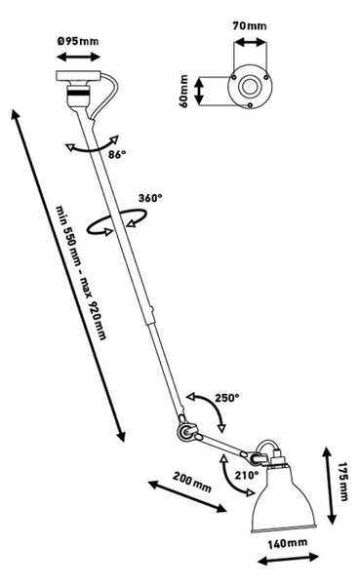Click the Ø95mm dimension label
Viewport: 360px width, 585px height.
[78, 41]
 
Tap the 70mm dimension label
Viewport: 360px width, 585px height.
[250, 25]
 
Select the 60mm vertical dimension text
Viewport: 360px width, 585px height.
[184, 91]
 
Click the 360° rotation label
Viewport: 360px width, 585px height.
[150, 198]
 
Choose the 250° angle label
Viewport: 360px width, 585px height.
[226, 398]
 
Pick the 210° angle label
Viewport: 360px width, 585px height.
[247, 476]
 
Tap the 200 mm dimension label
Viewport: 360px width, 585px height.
[192, 482]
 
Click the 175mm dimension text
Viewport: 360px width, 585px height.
[343, 482]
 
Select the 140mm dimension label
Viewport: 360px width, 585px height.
[288, 543]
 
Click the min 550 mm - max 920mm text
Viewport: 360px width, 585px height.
[81, 272]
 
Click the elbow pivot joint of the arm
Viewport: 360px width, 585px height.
[185, 432]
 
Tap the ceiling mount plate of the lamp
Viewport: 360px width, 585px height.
[78, 76]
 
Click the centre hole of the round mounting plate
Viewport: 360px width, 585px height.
[249, 87]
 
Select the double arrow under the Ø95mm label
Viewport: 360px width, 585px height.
[78, 58]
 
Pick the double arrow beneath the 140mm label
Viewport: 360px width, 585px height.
[288, 559]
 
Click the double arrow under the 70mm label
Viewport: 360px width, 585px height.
[250, 42]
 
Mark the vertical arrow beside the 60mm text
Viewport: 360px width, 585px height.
[199, 91]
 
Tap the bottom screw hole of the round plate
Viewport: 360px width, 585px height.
[250, 105]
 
